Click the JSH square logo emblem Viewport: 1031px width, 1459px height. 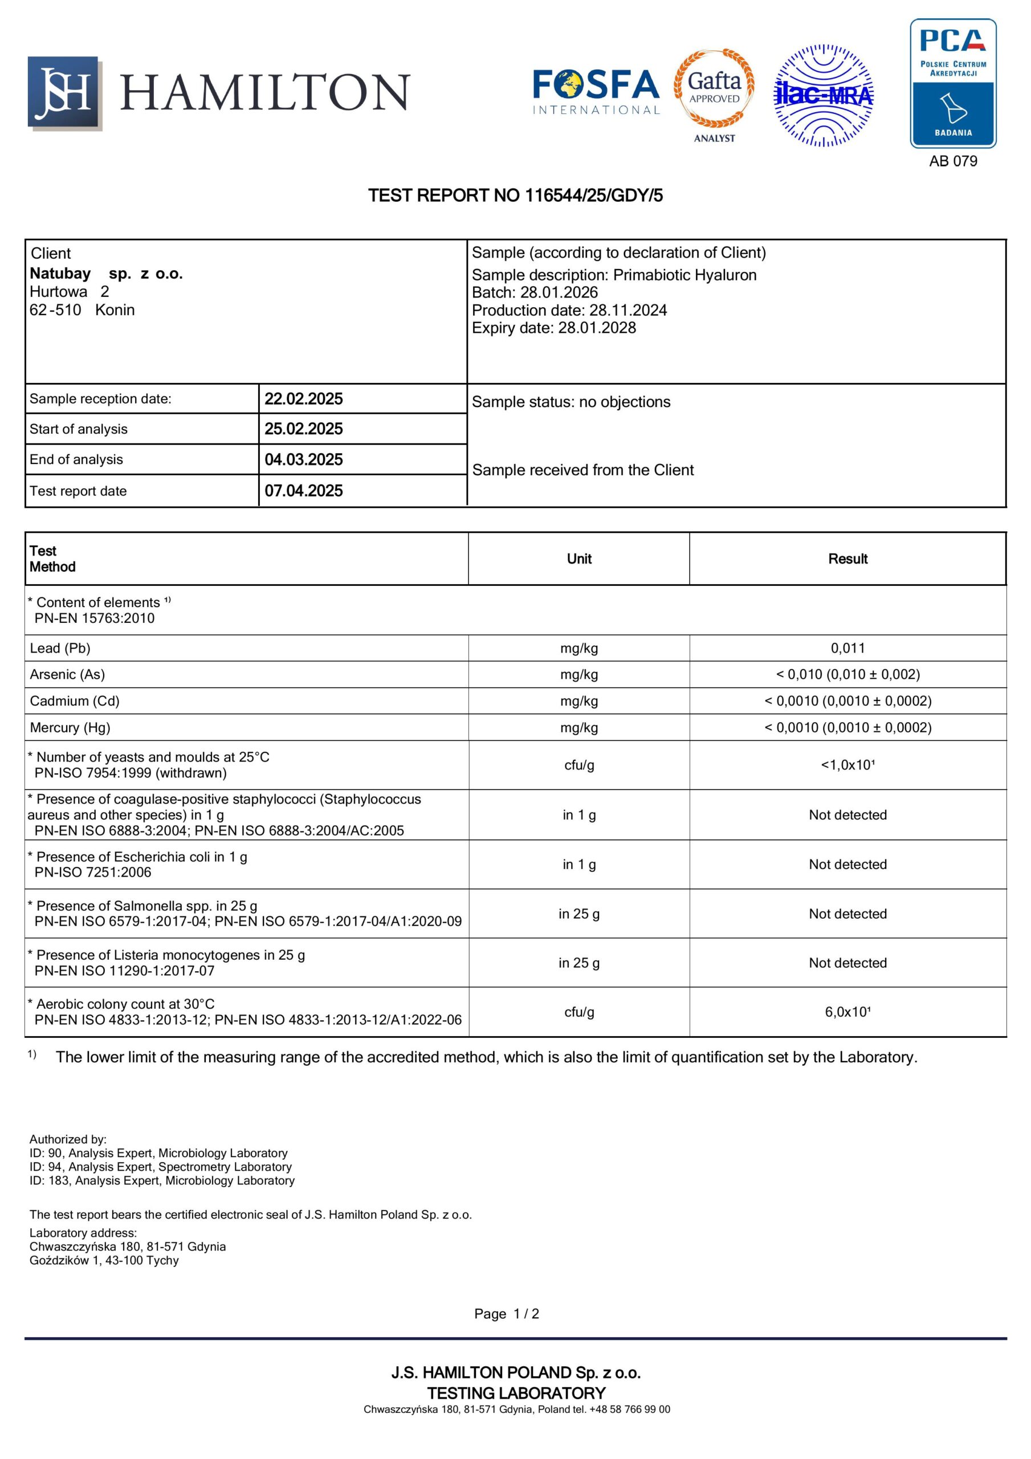(64, 93)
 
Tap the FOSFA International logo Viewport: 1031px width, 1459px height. (596, 92)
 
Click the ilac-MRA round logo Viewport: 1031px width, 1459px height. (823, 95)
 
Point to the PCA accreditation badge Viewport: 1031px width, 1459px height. (952, 83)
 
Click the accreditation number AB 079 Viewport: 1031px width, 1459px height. (953, 161)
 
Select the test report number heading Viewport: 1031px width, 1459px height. (515, 195)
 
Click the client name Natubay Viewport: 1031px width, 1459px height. (60, 274)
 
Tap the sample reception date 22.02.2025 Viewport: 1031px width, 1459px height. (304, 399)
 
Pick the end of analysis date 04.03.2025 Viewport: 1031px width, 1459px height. (304, 459)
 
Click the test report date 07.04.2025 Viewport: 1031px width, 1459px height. (304, 491)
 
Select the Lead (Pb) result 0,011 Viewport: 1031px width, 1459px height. (847, 648)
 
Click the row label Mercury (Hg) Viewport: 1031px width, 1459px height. (70, 728)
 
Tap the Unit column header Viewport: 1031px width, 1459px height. (579, 559)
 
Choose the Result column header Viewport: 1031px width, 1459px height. (847, 559)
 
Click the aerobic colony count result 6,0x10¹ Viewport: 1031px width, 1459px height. (847, 1012)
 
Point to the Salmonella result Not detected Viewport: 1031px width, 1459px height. (847, 914)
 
